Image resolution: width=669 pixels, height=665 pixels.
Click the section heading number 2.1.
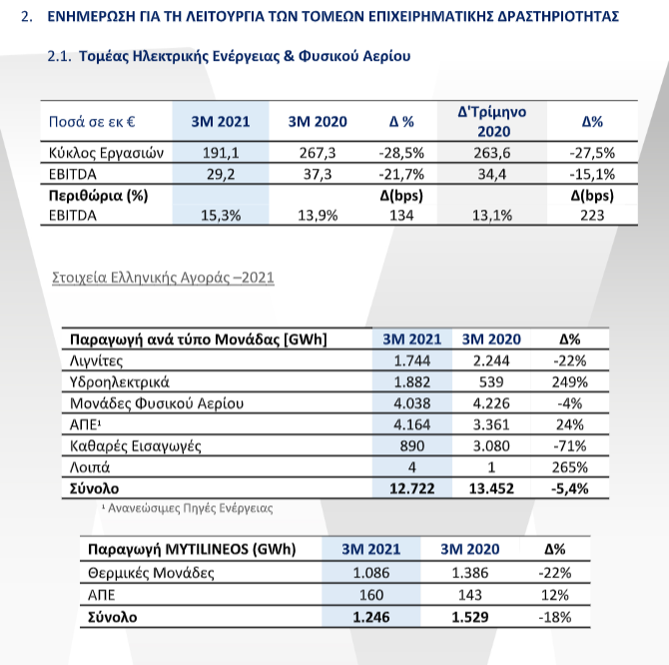[59, 56]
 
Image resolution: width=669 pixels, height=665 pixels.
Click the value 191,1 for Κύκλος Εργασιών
[221, 153]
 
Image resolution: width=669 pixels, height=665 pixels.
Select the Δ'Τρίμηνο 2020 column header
[492, 122]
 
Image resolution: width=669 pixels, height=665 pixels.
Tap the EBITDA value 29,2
[221, 174]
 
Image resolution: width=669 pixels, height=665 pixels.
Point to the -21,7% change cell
[401, 174]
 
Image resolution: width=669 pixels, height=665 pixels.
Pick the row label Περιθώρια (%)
[98, 196]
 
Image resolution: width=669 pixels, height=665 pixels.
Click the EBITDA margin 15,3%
[221, 216]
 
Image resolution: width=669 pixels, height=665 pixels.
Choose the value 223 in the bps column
[592, 215]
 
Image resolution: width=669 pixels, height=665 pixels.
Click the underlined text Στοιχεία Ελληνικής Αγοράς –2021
[163, 278]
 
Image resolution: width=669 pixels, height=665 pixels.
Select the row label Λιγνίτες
[97, 360]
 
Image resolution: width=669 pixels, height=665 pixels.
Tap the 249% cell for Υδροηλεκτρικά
[569, 381]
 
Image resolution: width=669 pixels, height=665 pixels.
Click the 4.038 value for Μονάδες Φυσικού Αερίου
[411, 403]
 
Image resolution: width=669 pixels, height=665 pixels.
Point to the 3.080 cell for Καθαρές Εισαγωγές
[491, 445]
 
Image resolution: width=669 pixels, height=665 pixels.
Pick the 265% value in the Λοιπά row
[569, 467]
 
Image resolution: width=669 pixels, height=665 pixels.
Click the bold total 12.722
[411, 488]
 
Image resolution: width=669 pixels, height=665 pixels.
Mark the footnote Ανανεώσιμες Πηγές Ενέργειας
[190, 508]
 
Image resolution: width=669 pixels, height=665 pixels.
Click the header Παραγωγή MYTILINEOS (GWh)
[192, 549]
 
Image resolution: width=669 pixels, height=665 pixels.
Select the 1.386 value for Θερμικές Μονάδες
[469, 572]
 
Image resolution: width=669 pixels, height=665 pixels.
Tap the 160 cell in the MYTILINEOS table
[371, 595]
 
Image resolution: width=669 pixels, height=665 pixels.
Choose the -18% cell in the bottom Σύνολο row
[554, 617]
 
